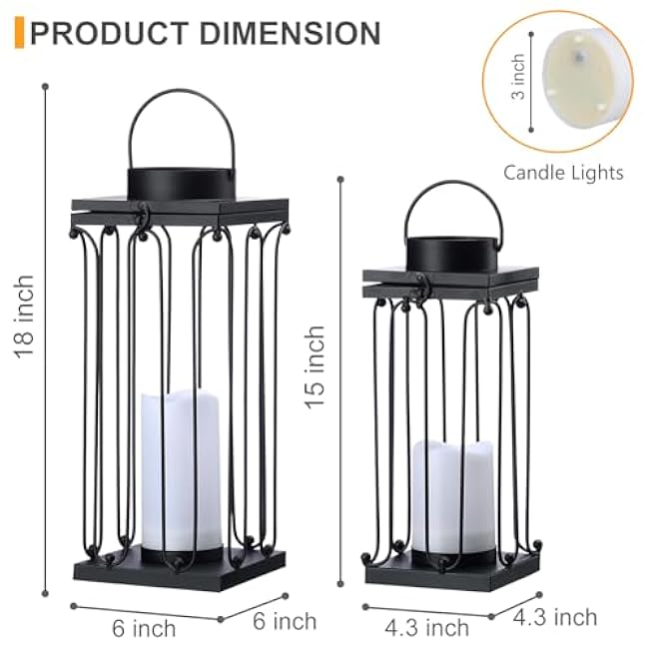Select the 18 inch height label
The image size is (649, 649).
(x=23, y=317)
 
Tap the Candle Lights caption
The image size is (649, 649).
(x=563, y=173)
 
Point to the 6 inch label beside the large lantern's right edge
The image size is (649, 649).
(x=284, y=621)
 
